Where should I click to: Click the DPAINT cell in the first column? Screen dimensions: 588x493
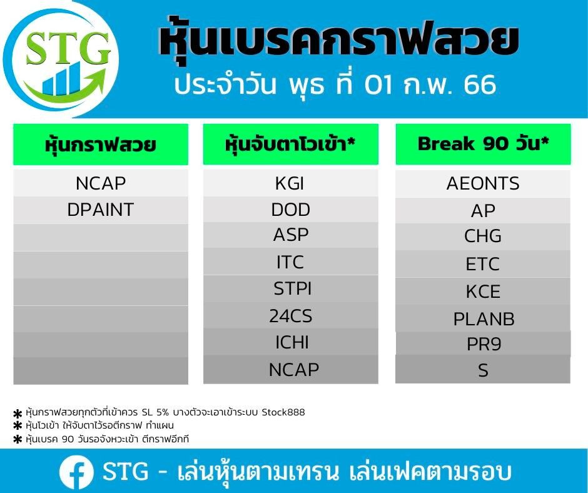[x=101, y=210]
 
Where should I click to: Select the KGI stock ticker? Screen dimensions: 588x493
[x=290, y=183]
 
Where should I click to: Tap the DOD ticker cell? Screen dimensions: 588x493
[x=291, y=210]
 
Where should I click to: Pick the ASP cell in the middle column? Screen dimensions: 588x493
[x=291, y=235]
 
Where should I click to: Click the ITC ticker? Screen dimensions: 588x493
[x=290, y=262]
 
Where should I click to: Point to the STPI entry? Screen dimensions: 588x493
[x=293, y=288]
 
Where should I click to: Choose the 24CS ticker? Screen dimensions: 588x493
[x=291, y=316]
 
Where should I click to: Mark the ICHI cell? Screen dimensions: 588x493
[x=291, y=343]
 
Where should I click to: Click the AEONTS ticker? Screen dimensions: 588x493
[x=483, y=183]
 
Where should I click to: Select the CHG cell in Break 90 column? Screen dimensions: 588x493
[x=483, y=236]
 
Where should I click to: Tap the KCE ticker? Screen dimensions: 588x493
[x=483, y=292]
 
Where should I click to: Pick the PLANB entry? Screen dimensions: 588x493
[x=484, y=319]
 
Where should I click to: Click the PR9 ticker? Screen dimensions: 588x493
[x=484, y=344]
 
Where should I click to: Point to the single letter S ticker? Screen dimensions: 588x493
[x=483, y=370]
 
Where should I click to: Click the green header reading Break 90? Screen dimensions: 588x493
[x=483, y=144]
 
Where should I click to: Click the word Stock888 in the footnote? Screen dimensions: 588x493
[x=283, y=412]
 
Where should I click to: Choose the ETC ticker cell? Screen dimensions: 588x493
[x=483, y=264]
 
